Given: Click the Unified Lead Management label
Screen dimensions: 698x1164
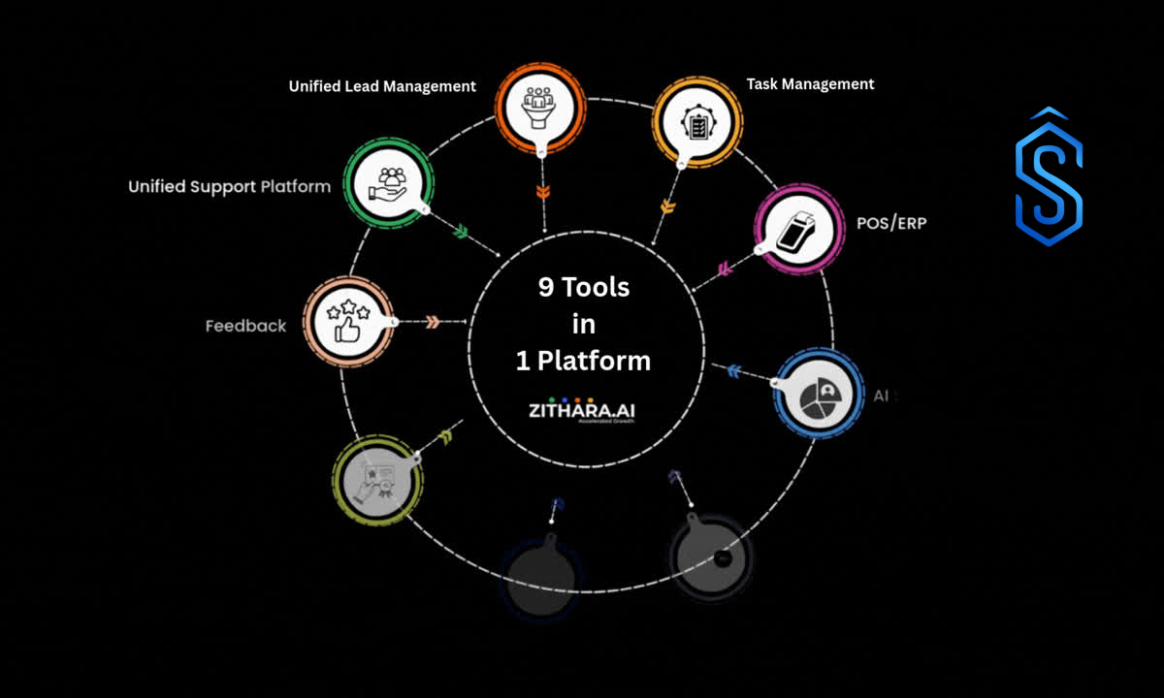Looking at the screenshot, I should click(x=382, y=86).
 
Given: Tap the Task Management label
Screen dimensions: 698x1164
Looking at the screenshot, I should click(x=810, y=84).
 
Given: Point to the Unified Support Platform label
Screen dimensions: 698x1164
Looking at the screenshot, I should click(x=230, y=186).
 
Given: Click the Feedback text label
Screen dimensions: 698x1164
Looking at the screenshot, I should click(x=245, y=326).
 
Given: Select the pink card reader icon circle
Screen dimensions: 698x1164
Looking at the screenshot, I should click(x=797, y=230).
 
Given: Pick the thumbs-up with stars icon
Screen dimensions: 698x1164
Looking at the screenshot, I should click(x=345, y=321).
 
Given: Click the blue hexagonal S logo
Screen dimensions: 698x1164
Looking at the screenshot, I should click(x=1049, y=177).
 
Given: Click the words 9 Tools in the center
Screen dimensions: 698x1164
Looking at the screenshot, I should click(x=584, y=287).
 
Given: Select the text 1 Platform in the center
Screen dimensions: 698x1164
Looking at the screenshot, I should click(x=583, y=361).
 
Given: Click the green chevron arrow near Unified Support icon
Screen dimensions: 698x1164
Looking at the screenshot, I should click(x=461, y=232).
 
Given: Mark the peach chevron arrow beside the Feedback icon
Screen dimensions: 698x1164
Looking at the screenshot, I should click(x=433, y=321).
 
